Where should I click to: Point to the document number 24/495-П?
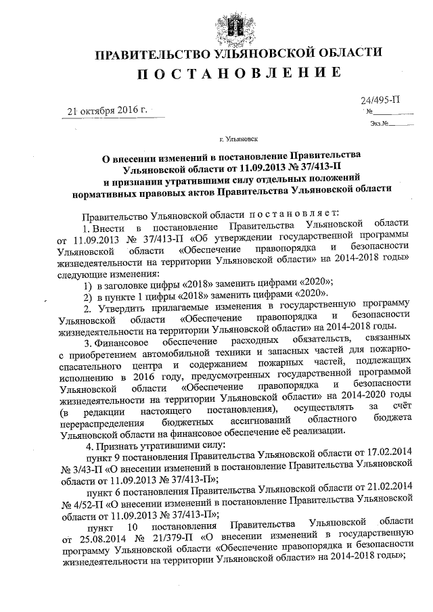(x=381, y=99)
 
